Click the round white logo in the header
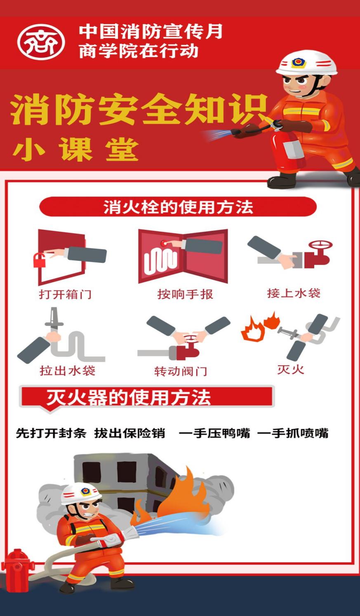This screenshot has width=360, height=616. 41,42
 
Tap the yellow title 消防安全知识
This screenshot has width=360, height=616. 139,109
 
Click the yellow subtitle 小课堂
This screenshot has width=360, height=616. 76,149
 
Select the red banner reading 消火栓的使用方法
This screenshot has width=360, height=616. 178,206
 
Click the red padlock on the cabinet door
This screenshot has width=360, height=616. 39,260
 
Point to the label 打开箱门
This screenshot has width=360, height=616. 65,294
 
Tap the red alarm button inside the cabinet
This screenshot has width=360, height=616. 164,243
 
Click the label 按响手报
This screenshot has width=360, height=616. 185,294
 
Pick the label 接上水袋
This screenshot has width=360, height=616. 294,293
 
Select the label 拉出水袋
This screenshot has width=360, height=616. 68,370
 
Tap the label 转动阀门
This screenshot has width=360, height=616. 181,371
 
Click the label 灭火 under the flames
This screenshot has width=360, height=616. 291,369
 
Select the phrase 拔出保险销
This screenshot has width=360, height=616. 130,433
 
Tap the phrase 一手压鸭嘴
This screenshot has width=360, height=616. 215,433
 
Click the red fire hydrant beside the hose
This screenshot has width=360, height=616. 17,569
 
